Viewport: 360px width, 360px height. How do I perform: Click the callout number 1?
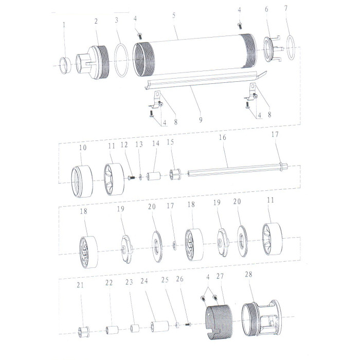tap(64, 25)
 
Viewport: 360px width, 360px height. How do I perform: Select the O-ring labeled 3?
tap(121, 61)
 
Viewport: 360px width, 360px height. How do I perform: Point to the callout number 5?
tap(174, 15)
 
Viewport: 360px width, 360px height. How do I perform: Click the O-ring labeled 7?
tap(291, 47)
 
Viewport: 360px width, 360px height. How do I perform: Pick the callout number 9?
tap(201, 120)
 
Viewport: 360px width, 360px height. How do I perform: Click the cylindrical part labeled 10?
tap(82, 181)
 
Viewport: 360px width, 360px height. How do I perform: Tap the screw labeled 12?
tap(131, 177)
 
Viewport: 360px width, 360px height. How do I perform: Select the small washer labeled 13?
tap(140, 177)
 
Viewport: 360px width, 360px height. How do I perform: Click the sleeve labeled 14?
tap(154, 176)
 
